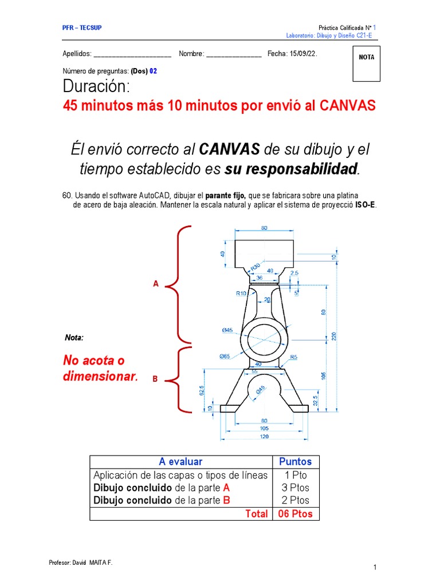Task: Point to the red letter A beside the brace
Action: [155, 284]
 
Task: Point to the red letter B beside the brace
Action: [155, 379]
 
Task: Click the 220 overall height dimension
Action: [333, 336]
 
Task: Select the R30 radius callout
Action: [255, 266]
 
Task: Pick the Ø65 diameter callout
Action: [225, 356]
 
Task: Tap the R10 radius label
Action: [241, 294]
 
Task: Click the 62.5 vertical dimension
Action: [202, 390]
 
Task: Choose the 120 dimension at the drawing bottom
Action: [264, 437]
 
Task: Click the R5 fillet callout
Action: [293, 357]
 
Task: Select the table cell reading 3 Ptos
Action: [295, 488]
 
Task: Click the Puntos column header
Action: [295, 461]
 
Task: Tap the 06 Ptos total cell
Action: [295, 513]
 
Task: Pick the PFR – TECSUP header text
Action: [82, 28]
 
